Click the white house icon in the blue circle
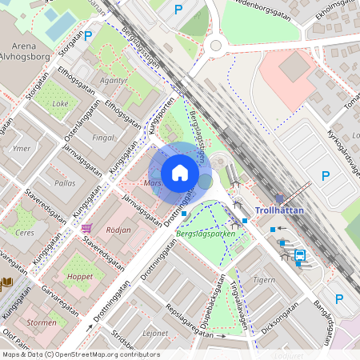[180, 172]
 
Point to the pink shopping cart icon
[86, 228]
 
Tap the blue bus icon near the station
[299, 255]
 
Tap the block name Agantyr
[114, 80]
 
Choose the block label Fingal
[103, 138]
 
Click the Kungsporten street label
[161, 117]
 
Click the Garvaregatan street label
[61, 304]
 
